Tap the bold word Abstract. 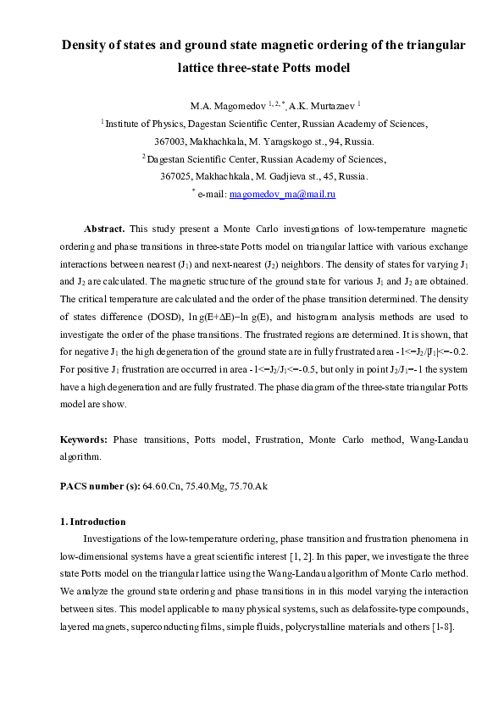tap(104, 229)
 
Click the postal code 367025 tap(177, 176)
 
